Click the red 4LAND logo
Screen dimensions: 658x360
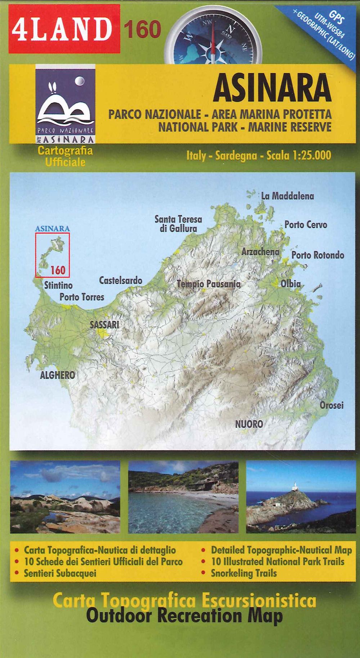pos(64,29)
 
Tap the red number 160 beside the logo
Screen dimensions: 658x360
pos(142,29)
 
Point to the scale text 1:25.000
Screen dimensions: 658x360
pos(312,155)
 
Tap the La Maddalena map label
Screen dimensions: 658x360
pos(287,196)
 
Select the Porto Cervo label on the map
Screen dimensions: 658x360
pos(306,225)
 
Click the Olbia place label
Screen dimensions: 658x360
pos(291,283)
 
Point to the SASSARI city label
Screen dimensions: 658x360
pos(104,324)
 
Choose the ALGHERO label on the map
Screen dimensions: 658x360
pos(58,375)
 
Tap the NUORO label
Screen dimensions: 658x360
pos(249,424)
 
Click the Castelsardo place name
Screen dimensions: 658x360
pos(121,280)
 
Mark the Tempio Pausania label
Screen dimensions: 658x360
pos(208,284)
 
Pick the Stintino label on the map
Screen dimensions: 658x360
pos(58,285)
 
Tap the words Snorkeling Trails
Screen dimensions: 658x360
pos(244,573)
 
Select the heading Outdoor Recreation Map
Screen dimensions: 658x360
pos(184,615)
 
